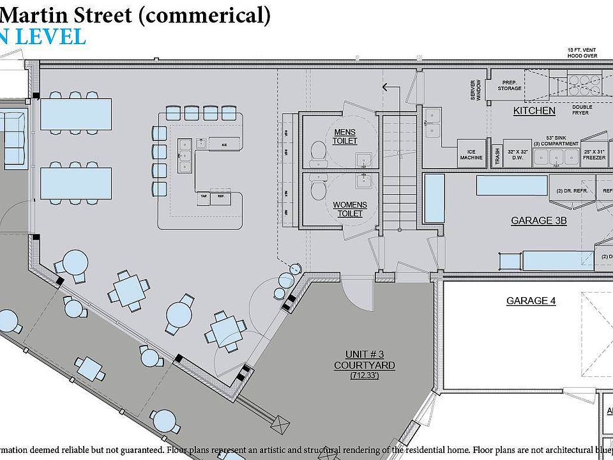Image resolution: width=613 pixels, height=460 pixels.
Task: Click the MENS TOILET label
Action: [x=345, y=136]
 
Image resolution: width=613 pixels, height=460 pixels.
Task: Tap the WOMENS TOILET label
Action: [x=349, y=208]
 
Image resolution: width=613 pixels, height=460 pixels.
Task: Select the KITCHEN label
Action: [x=534, y=111]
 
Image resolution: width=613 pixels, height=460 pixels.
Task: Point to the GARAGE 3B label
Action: [x=538, y=221]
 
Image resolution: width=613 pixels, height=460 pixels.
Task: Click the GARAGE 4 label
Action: [x=526, y=300]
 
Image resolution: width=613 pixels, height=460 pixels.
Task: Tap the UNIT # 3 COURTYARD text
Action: [x=364, y=360]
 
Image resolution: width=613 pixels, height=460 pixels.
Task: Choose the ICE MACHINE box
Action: [x=471, y=155]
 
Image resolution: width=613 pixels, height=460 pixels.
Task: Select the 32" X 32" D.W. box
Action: [x=517, y=155]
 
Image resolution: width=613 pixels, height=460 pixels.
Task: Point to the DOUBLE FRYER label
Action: [x=582, y=110]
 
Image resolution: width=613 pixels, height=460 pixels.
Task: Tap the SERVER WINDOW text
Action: [x=476, y=89]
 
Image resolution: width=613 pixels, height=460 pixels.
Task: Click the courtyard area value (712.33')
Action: [x=364, y=376]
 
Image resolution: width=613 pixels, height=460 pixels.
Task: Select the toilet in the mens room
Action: [x=317, y=150]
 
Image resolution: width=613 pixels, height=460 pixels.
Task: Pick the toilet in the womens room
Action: [x=317, y=188]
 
